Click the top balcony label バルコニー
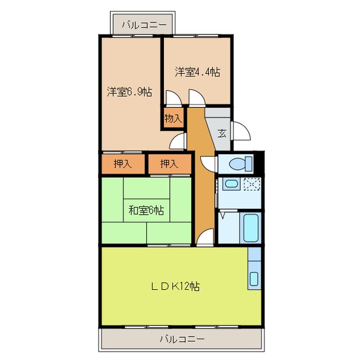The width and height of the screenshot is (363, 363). click(x=143, y=25)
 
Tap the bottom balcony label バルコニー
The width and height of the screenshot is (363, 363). click(x=182, y=339)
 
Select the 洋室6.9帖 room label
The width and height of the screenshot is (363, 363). click(x=129, y=92)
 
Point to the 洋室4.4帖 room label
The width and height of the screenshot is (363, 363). click(x=197, y=71)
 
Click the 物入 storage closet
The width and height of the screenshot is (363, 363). click(x=173, y=118)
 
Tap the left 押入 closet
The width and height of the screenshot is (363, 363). click(x=123, y=163)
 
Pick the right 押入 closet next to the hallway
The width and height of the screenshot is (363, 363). click(x=169, y=163)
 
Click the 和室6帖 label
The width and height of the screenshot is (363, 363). click(x=146, y=211)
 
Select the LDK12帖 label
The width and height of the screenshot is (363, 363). click(x=176, y=286)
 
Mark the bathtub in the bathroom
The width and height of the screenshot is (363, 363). click(x=250, y=227)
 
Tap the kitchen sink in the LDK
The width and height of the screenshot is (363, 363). click(x=254, y=278)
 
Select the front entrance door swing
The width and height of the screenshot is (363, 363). click(x=240, y=131)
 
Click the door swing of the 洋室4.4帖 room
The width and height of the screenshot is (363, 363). click(x=196, y=97)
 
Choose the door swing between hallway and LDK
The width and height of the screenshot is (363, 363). click(x=205, y=237)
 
